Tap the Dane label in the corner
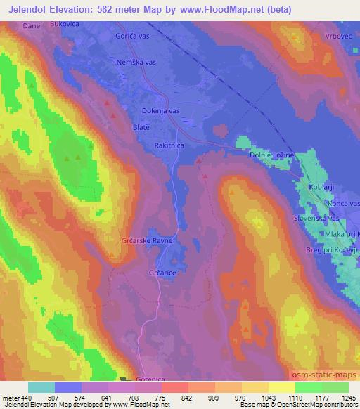click(x=31, y=25)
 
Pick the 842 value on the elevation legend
click(x=187, y=397)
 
